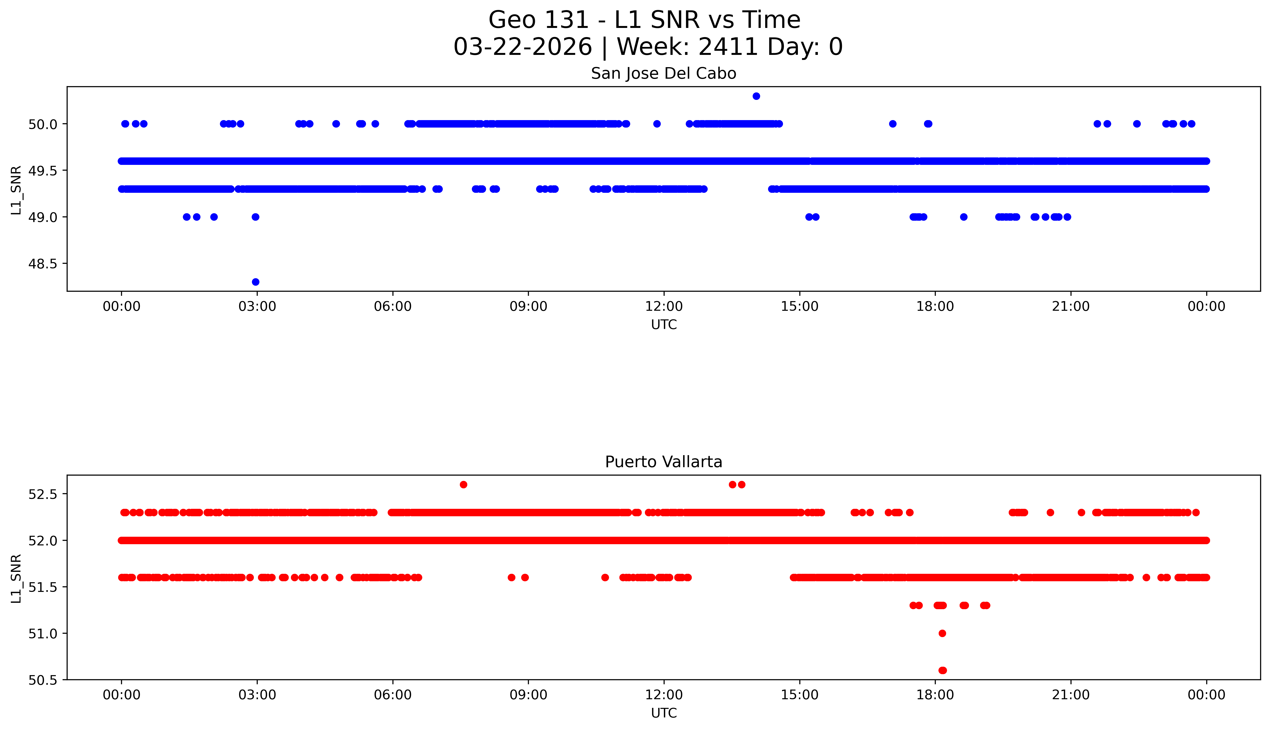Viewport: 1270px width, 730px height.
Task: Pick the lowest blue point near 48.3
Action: (256, 282)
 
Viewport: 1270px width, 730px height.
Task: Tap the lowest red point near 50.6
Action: (942, 670)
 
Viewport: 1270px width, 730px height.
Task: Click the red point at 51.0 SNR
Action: (942, 633)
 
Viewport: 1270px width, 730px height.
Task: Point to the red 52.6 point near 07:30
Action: (464, 484)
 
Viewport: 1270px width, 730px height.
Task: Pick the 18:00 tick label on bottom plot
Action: (935, 695)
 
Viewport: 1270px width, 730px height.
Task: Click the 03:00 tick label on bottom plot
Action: (257, 695)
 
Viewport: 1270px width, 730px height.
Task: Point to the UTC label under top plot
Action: (664, 325)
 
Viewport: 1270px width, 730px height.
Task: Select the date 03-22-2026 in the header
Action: (523, 47)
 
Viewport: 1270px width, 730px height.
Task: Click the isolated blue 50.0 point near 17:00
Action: (893, 124)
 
